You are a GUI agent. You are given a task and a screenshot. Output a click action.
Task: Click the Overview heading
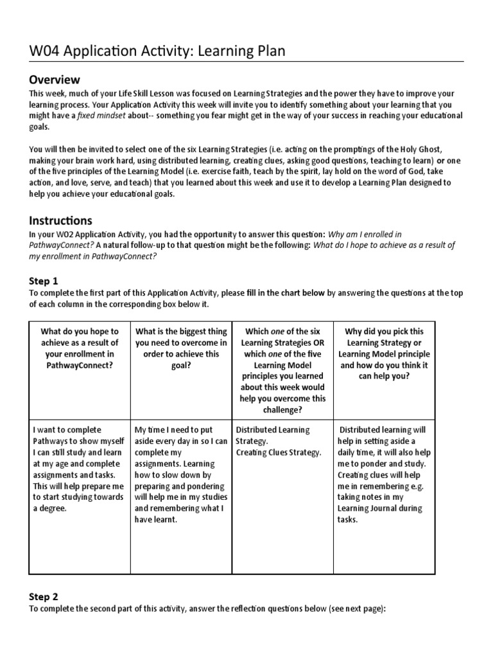(x=55, y=80)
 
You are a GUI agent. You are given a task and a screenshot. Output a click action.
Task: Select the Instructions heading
(x=60, y=220)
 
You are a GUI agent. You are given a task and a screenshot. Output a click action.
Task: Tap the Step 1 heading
(x=44, y=281)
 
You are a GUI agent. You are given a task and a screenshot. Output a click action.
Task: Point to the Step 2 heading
(x=44, y=596)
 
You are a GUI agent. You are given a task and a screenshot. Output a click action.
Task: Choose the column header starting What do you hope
(x=80, y=348)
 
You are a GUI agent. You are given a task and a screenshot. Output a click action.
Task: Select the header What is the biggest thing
(x=180, y=348)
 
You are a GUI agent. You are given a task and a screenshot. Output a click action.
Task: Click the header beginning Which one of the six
(x=282, y=371)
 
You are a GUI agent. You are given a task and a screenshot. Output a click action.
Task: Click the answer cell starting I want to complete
(x=80, y=468)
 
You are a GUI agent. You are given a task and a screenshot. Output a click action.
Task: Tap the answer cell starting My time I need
(x=180, y=474)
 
